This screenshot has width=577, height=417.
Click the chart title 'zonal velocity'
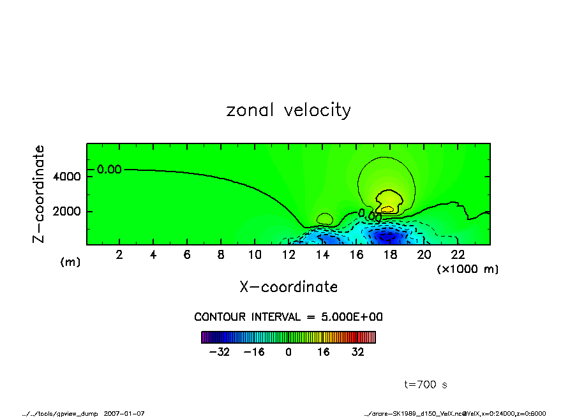pyautogui.click(x=288, y=110)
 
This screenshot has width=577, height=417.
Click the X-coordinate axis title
pyautogui.click(x=288, y=287)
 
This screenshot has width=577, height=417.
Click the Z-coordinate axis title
pyautogui.click(x=39, y=194)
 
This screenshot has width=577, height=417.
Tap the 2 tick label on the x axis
pyautogui.click(x=119, y=255)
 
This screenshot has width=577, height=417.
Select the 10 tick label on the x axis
pyautogui.click(x=254, y=255)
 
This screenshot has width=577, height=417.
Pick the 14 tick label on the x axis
pyautogui.click(x=322, y=255)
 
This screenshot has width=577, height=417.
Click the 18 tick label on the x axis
pyautogui.click(x=389, y=255)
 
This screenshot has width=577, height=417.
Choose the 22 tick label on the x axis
pyautogui.click(x=457, y=255)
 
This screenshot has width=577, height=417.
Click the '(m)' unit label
pyautogui.click(x=70, y=262)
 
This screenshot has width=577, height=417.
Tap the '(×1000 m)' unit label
pyautogui.click(x=468, y=269)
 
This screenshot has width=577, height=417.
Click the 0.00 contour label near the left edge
pyautogui.click(x=109, y=170)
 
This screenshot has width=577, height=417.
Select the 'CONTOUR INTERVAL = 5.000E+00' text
pyautogui.click(x=288, y=317)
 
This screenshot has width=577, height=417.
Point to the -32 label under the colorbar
pyautogui.click(x=219, y=352)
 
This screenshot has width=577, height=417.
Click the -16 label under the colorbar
pyautogui.click(x=254, y=352)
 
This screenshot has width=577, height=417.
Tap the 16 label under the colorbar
pyautogui.click(x=324, y=352)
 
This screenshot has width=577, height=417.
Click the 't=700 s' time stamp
pyautogui.click(x=426, y=384)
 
